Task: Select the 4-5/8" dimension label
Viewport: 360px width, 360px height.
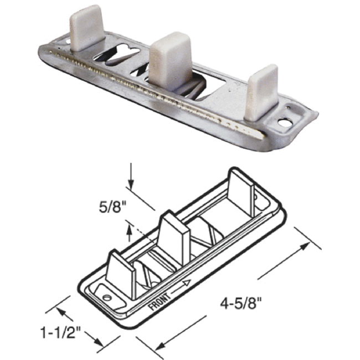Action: (x=240, y=303)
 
